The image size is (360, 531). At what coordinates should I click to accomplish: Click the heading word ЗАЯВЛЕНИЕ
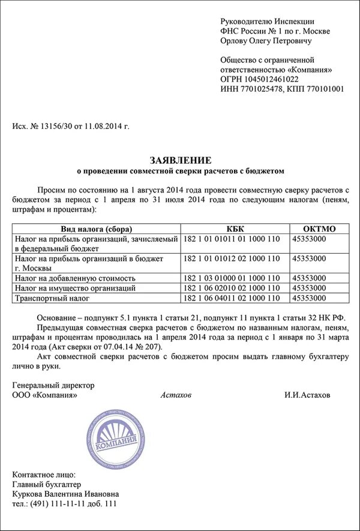click(x=180, y=160)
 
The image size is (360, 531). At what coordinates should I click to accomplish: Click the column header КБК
click(x=235, y=229)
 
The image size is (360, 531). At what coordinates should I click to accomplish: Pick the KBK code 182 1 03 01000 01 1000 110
click(x=230, y=278)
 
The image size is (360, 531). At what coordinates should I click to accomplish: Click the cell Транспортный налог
click(x=50, y=298)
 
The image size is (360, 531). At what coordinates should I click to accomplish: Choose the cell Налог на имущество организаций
click(x=75, y=288)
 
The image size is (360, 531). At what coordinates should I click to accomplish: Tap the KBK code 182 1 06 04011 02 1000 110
click(x=230, y=298)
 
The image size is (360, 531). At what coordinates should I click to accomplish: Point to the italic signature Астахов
click(x=178, y=395)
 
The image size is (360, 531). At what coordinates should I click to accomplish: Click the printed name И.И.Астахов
click(x=307, y=395)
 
